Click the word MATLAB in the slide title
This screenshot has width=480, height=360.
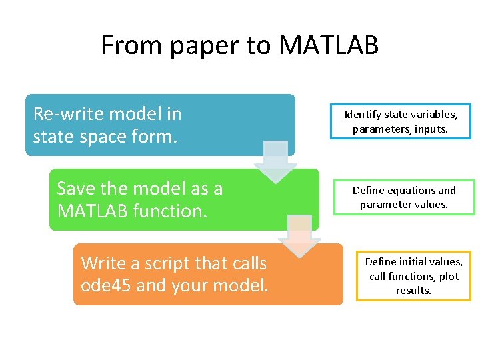click(x=329, y=46)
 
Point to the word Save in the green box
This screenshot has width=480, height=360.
click(x=75, y=189)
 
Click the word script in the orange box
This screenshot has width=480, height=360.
click(x=162, y=263)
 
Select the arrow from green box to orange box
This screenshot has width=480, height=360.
click(x=299, y=236)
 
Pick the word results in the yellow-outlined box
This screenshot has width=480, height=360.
click(x=413, y=291)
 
